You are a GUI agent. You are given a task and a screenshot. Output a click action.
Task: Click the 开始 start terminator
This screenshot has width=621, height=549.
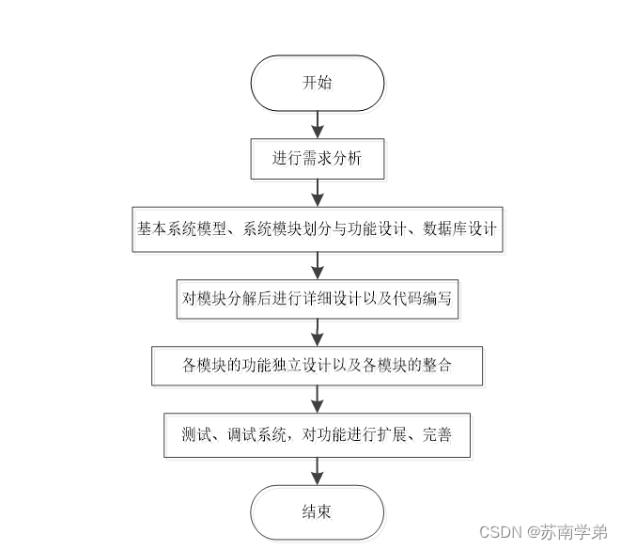[x=317, y=83]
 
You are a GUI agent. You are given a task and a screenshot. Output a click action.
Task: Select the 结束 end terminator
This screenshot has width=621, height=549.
[x=317, y=512]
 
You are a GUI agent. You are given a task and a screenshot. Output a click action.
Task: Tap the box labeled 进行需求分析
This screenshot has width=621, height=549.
[x=317, y=159]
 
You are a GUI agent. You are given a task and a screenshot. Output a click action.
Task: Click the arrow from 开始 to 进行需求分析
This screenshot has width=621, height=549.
[x=318, y=124]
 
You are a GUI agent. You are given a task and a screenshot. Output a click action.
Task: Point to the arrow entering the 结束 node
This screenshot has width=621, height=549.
[x=318, y=472]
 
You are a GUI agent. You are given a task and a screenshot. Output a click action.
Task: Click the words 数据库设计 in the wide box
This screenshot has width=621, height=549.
[x=460, y=228]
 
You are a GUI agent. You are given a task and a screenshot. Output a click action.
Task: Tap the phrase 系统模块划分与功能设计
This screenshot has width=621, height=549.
[x=325, y=228]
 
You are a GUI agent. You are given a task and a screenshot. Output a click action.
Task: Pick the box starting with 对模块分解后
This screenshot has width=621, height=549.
[x=318, y=298]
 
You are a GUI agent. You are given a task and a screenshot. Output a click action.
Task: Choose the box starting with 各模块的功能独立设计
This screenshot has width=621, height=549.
[x=318, y=366]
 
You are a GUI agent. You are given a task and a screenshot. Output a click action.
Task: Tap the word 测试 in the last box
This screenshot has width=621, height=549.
[x=194, y=435]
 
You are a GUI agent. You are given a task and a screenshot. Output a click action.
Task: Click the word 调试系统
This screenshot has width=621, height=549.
[x=256, y=435]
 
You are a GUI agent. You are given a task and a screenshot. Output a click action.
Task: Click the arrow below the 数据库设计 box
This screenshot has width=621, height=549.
[x=318, y=263]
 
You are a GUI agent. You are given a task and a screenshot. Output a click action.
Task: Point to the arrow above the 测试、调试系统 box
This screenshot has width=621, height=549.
[x=318, y=400]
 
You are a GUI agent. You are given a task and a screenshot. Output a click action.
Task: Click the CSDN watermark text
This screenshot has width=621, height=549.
[x=500, y=532]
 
